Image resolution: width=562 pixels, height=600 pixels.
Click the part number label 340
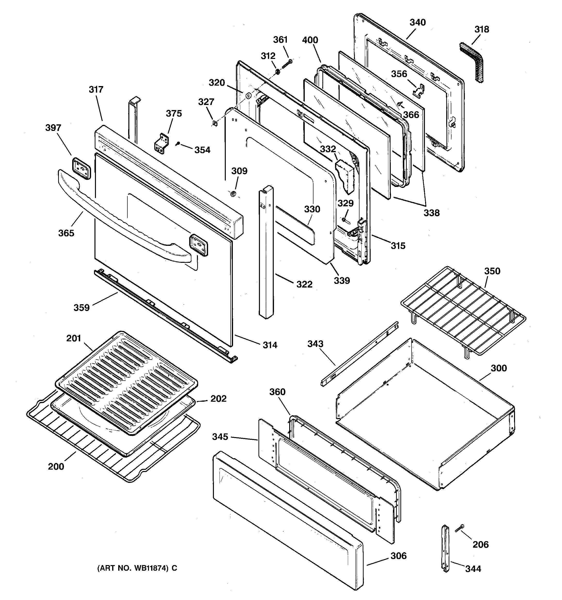[417, 23]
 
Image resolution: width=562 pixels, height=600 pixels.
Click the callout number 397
[53, 128]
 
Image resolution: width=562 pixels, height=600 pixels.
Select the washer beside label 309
[233, 193]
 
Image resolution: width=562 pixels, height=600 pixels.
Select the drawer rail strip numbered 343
[359, 355]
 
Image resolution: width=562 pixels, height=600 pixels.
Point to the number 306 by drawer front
[398, 556]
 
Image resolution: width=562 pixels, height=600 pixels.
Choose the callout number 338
[431, 213]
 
